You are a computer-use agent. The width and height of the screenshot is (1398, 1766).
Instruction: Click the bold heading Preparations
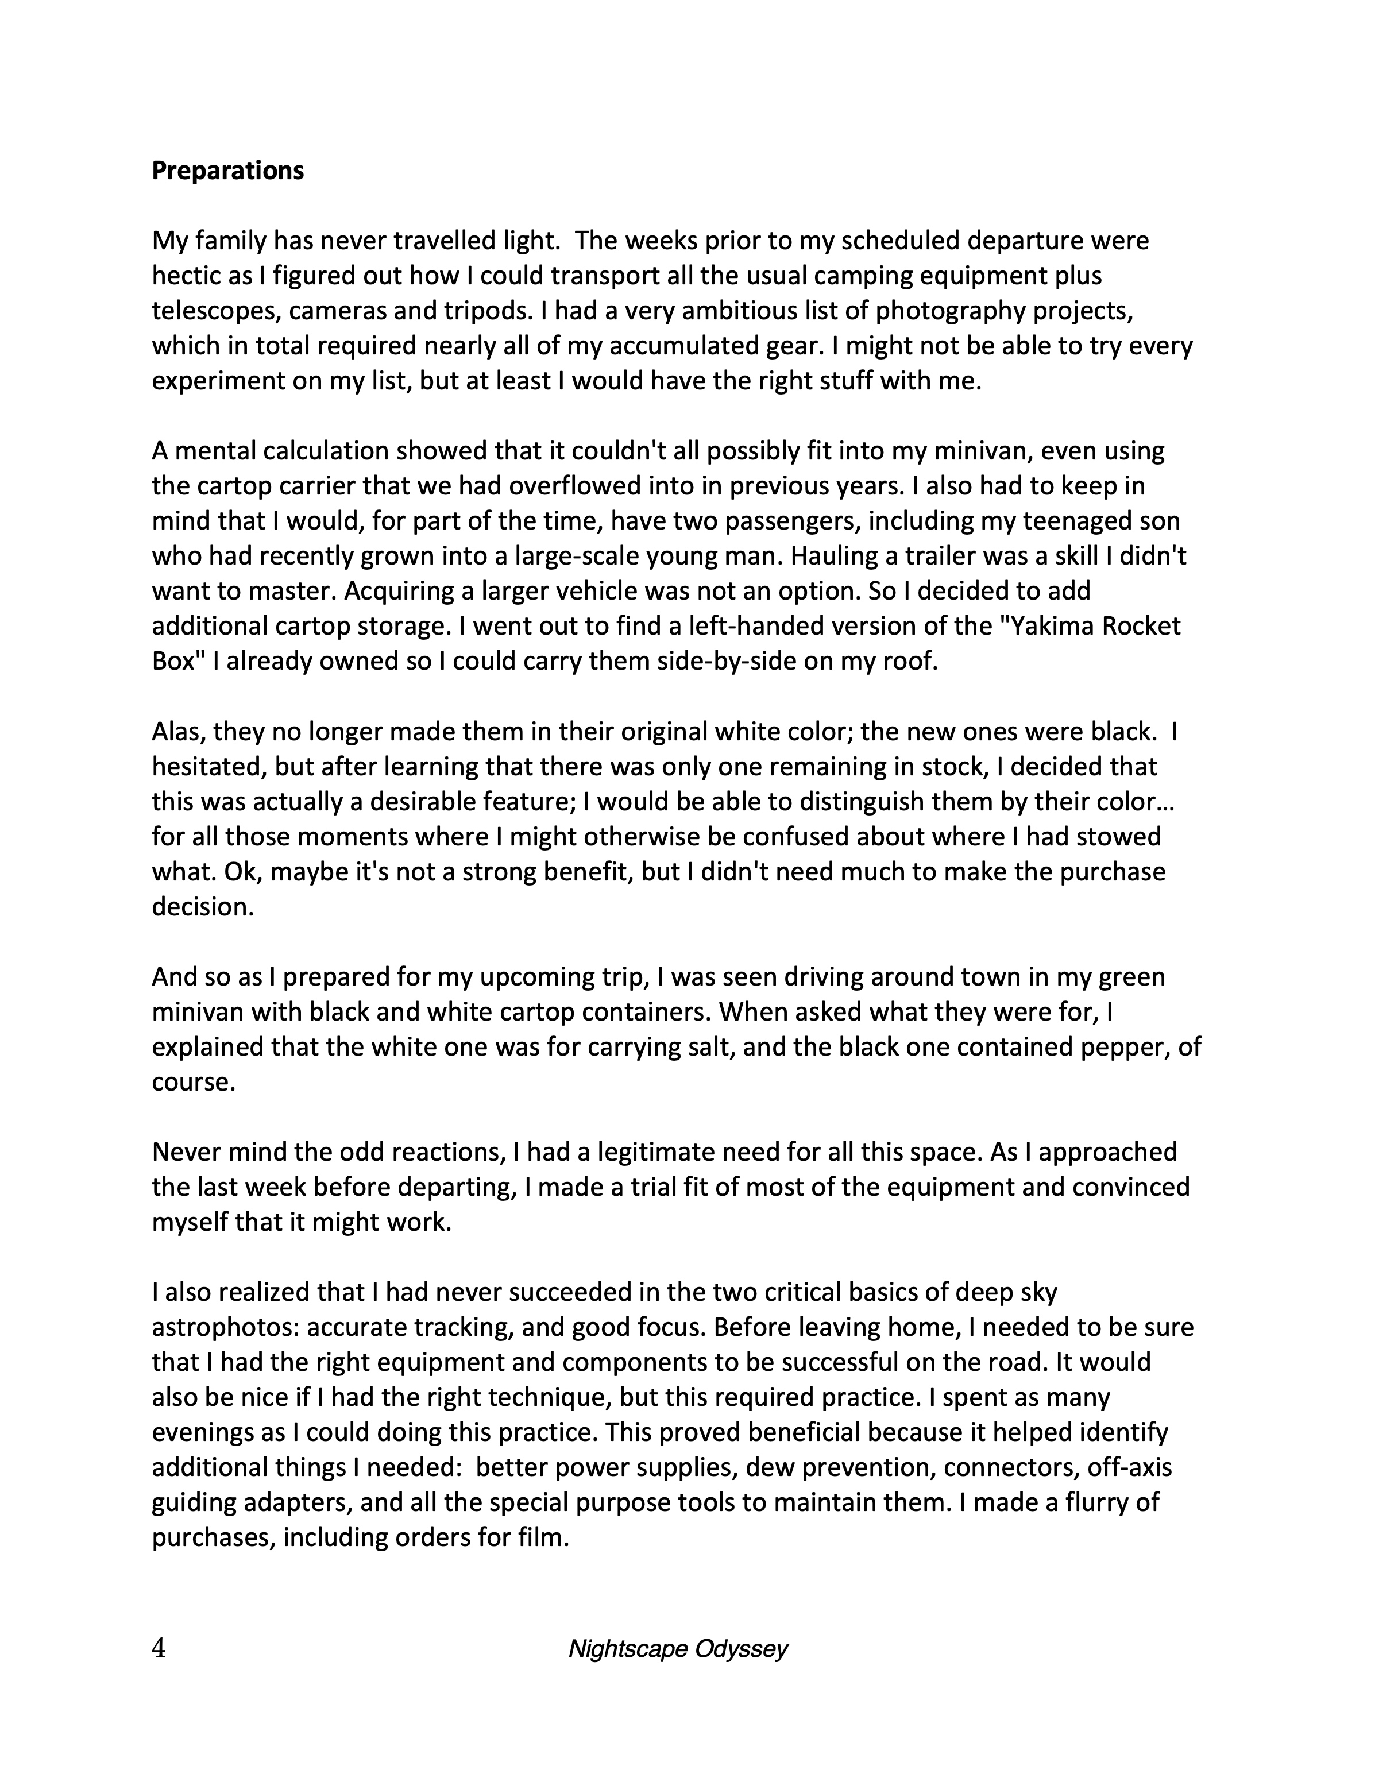227,171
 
